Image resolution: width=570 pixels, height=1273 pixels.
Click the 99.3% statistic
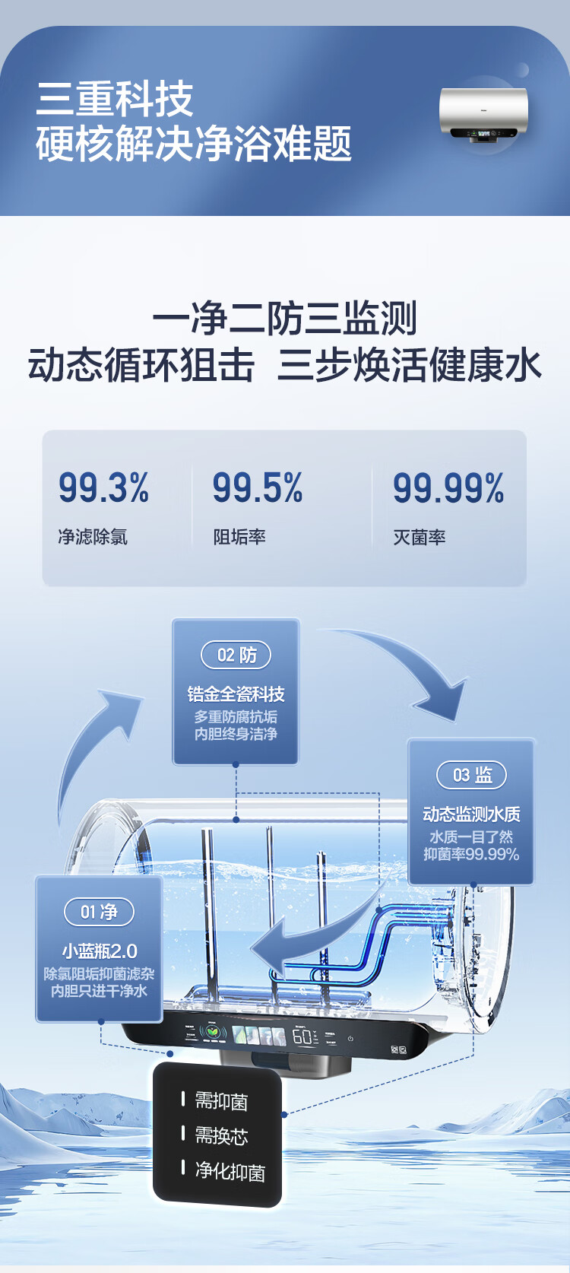coord(103,488)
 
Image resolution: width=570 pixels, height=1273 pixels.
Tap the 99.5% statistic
coord(258,488)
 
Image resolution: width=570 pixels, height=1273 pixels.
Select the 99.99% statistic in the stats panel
coord(448,488)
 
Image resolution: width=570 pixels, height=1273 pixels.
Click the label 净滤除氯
coord(93,537)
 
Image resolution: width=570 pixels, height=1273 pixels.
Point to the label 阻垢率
coord(239,537)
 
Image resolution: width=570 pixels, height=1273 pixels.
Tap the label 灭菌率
coord(420,537)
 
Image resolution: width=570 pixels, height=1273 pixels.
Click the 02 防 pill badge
coord(236,655)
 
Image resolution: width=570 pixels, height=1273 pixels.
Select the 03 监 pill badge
coord(472,775)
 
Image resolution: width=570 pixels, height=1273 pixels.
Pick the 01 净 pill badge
coord(99,912)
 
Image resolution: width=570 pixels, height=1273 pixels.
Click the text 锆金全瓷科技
coord(236,694)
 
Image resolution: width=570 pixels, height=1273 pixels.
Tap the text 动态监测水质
coord(471,814)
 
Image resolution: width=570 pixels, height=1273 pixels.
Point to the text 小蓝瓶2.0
coord(100,951)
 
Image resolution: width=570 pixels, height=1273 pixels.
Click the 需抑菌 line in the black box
coord(220,1101)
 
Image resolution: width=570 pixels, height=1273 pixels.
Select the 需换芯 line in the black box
coord(220,1136)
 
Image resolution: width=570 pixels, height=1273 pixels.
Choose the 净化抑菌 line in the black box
coord(230,1171)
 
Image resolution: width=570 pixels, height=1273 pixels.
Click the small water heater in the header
coord(483,114)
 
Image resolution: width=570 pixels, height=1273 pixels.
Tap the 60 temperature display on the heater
coord(302,1036)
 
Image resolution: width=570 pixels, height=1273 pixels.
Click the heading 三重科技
coord(115,99)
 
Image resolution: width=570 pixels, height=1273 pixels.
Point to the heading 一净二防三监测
coord(285,318)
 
